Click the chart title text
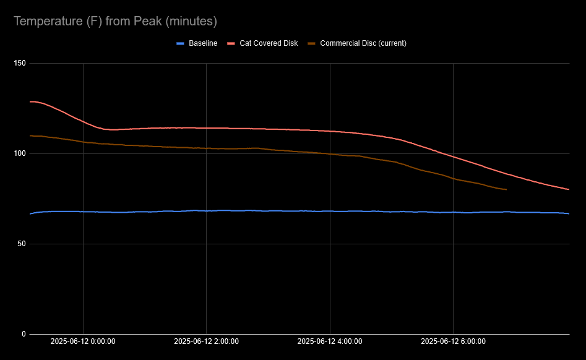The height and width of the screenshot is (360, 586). [115, 22]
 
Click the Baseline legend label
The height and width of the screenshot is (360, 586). [203, 43]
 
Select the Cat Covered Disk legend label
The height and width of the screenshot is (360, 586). [269, 43]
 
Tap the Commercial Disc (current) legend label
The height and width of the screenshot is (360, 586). [363, 43]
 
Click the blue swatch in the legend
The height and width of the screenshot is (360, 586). [181, 43]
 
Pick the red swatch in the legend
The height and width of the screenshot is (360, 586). [231, 43]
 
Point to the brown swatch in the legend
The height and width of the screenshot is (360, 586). [312, 43]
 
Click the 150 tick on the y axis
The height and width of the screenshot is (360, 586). [20, 63]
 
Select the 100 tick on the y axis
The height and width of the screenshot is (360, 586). [20, 153]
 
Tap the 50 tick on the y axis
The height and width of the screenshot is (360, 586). [22, 244]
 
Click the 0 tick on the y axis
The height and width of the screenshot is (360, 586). [24, 334]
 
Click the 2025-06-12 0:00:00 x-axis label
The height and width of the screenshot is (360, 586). [83, 341]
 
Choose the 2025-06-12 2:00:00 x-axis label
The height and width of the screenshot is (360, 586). [206, 341]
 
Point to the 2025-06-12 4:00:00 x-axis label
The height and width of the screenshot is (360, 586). [330, 341]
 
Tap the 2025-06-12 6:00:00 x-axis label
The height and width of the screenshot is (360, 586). [453, 341]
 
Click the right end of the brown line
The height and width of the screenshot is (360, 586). [506, 189]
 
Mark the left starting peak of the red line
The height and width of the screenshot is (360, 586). [32, 101]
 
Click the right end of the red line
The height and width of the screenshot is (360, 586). [569, 189]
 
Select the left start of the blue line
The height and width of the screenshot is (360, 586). [30, 213]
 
